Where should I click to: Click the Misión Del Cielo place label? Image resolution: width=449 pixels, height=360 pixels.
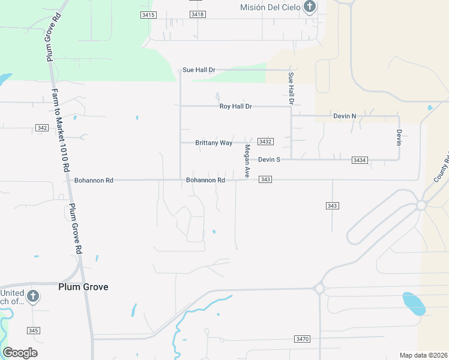pyautogui.click(x=270, y=7)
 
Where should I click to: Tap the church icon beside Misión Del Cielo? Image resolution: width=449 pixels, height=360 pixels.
pyautogui.click(x=309, y=7)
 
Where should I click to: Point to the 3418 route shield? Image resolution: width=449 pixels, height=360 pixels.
pyautogui.click(x=197, y=14)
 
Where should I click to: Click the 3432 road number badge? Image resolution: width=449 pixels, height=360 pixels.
pyautogui.click(x=265, y=142)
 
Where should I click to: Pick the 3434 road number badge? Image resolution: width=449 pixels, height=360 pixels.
pyautogui.click(x=360, y=160)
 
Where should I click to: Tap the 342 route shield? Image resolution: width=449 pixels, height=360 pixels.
pyautogui.click(x=42, y=128)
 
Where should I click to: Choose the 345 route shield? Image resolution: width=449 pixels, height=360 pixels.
pyautogui.click(x=34, y=331)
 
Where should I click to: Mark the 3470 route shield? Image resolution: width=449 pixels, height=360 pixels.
pyautogui.click(x=303, y=339)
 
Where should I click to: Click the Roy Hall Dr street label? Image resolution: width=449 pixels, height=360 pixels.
pyautogui.click(x=235, y=106)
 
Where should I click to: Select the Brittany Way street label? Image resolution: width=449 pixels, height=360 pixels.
pyautogui.click(x=214, y=143)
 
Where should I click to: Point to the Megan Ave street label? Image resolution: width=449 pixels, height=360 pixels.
pyautogui.click(x=247, y=160)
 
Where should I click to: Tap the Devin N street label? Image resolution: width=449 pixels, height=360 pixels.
pyautogui.click(x=345, y=116)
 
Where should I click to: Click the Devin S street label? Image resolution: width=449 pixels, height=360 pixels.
pyautogui.click(x=270, y=160)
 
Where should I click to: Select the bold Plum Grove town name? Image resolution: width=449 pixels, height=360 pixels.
pyautogui.click(x=83, y=287)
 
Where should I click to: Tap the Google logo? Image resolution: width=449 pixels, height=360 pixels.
pyautogui.click(x=20, y=352)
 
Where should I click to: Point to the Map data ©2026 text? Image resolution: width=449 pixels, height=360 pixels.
pyautogui.click(x=423, y=355)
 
